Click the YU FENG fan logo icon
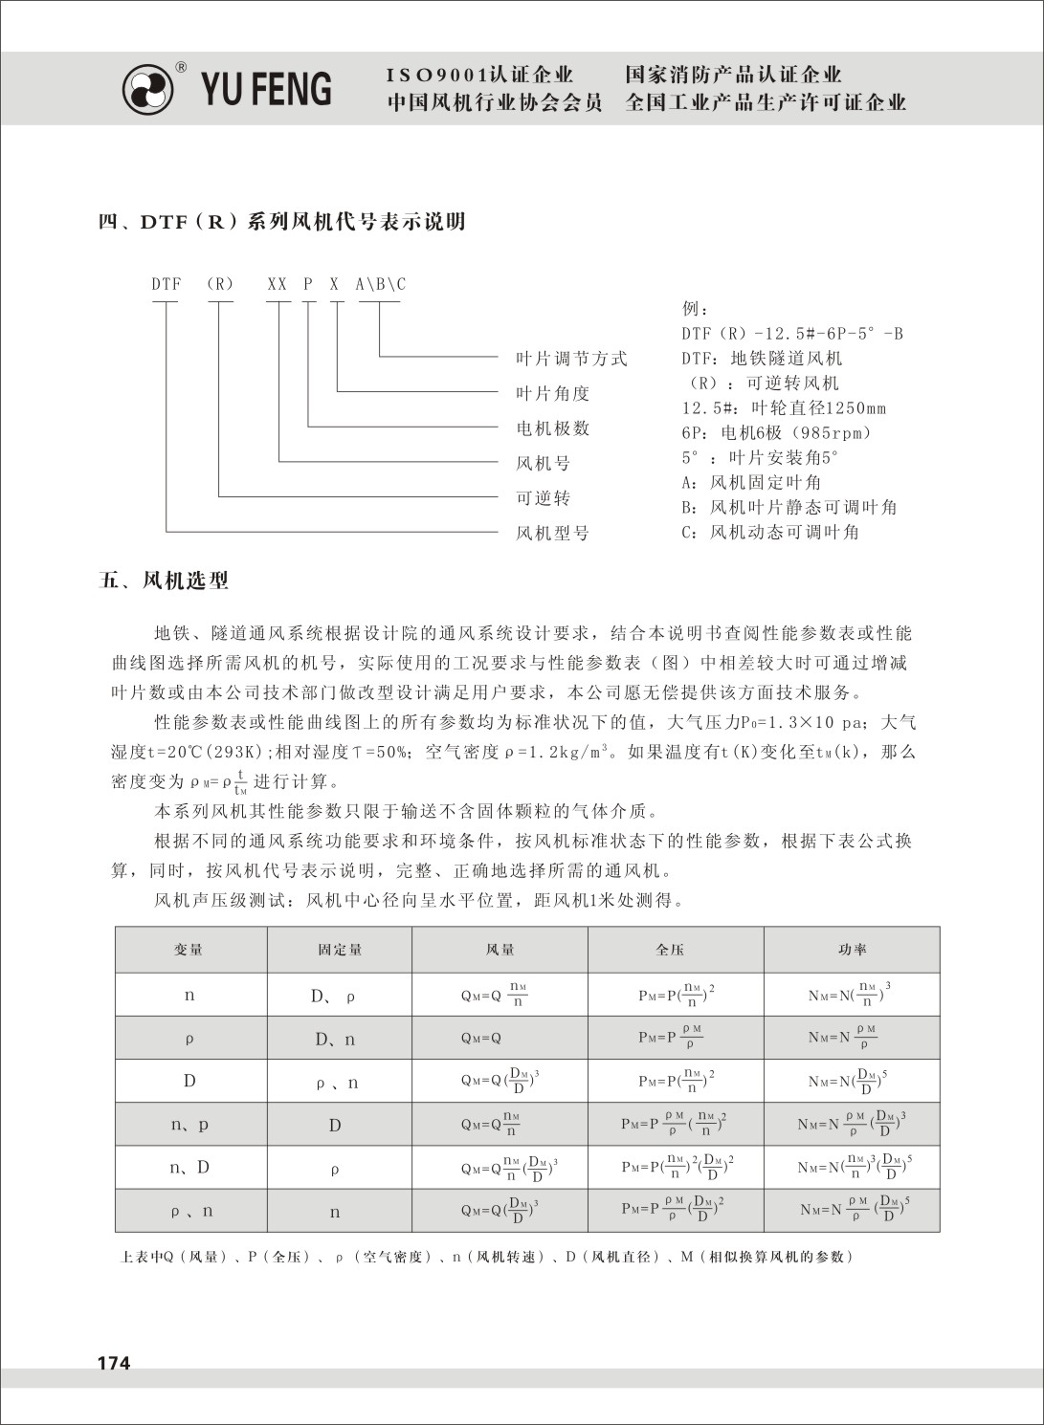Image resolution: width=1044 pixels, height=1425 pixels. (148, 90)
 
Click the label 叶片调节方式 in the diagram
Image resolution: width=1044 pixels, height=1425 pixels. (571, 359)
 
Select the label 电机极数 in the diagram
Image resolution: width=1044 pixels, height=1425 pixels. (553, 428)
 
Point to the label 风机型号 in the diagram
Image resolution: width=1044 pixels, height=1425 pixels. (553, 533)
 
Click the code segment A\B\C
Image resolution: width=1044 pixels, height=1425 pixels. (380, 284)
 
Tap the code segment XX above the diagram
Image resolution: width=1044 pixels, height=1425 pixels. (278, 284)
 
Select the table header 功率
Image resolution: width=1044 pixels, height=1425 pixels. (852, 950)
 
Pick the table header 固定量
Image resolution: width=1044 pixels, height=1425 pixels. (340, 950)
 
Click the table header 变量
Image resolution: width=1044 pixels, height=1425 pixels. (189, 950)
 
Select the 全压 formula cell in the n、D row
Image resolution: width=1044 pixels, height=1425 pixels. (677, 1167)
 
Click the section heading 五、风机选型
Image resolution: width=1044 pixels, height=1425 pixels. (164, 581)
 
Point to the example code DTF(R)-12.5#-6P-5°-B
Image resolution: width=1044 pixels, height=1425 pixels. (791, 334)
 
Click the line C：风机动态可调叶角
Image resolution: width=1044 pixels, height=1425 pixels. (770, 532)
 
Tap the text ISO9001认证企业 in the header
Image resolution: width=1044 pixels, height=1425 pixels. (480, 75)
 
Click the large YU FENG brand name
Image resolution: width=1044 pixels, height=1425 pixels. (266, 89)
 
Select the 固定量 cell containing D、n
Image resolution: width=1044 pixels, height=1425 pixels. (335, 1040)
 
